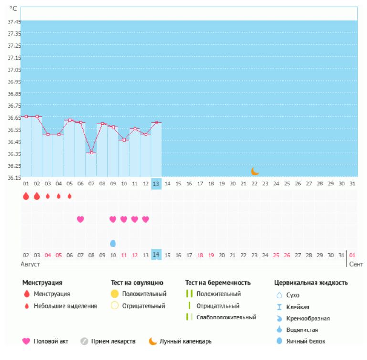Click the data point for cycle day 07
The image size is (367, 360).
point(91,153)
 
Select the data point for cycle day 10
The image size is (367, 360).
point(124,140)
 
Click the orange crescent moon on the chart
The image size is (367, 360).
point(255,171)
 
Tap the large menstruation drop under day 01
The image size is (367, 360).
point(26,196)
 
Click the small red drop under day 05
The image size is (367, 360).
point(70,196)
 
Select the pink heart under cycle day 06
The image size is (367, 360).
point(80,219)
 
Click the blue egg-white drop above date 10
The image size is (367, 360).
point(113,243)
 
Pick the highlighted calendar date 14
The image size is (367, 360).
point(156,255)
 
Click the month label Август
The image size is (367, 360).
point(30,264)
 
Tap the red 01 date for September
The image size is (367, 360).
point(352,255)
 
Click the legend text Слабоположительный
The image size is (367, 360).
point(227,317)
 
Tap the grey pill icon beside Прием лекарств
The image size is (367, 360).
point(84,341)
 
